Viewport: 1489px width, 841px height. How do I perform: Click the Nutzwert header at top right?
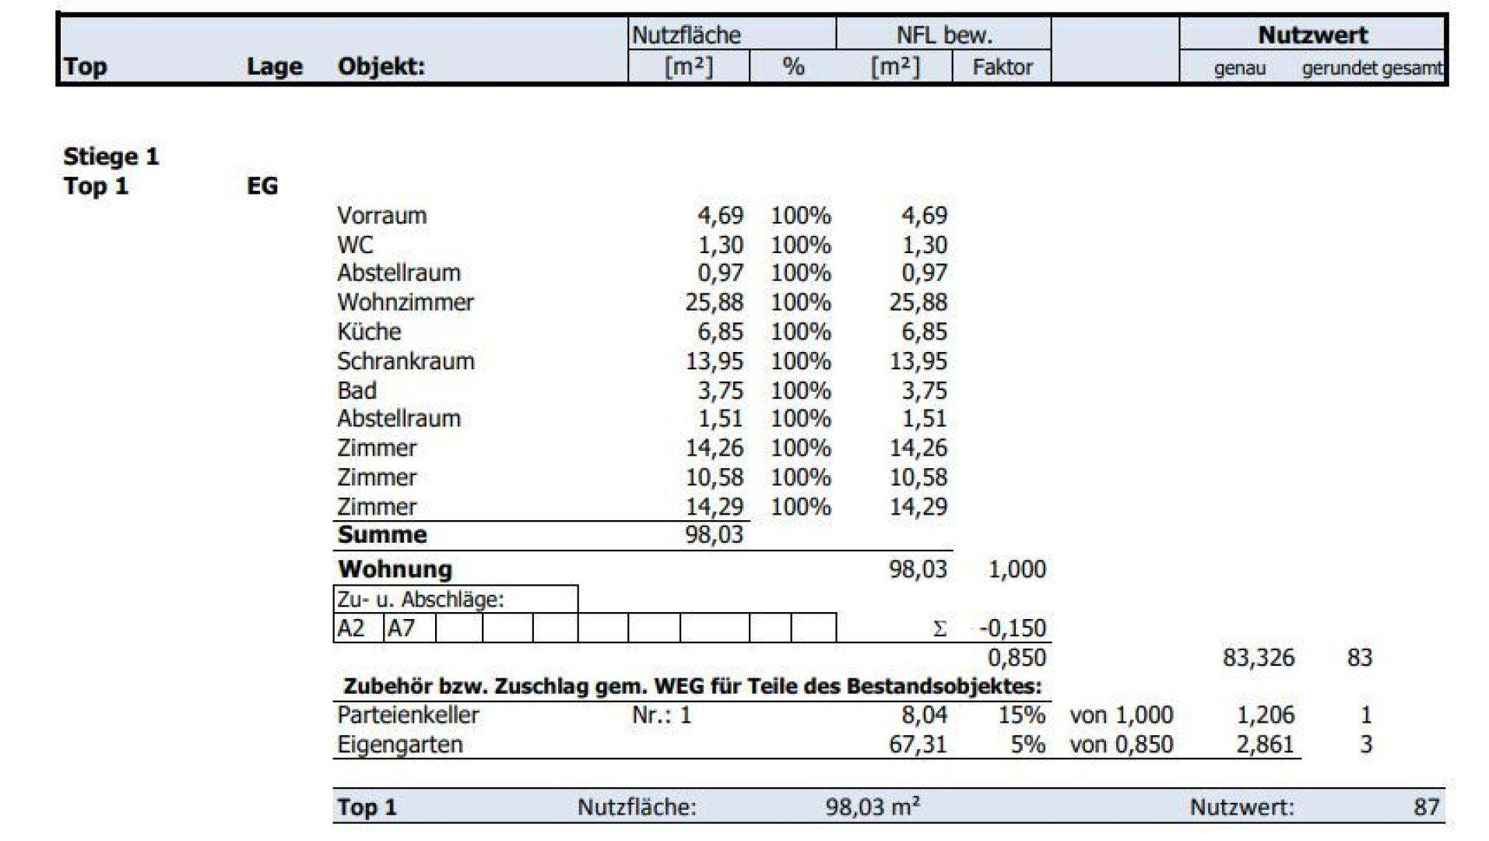(x=1312, y=35)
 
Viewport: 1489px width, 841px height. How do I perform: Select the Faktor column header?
(x=1002, y=67)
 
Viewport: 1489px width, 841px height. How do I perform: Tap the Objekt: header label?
(x=381, y=67)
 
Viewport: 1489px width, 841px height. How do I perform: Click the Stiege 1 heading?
(x=111, y=157)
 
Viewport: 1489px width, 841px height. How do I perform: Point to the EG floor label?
(x=262, y=186)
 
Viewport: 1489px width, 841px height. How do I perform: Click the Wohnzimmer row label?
(x=405, y=302)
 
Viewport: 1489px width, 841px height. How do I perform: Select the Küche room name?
(x=369, y=332)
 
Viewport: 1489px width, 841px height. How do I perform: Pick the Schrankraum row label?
(x=406, y=361)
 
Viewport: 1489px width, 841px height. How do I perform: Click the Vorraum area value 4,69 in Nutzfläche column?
(x=720, y=216)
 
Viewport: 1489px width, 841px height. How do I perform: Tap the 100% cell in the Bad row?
(x=800, y=391)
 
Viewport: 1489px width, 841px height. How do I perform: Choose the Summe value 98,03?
(x=714, y=535)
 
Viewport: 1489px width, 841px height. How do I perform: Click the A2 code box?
(x=351, y=628)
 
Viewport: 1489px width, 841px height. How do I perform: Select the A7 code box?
(x=402, y=628)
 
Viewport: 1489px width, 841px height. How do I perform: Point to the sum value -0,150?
(x=1012, y=628)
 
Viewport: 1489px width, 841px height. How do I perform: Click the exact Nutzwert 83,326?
(x=1258, y=657)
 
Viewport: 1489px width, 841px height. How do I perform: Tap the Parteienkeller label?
(x=408, y=715)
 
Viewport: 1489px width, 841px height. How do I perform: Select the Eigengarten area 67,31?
(x=918, y=744)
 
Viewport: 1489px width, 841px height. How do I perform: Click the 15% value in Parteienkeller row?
(x=1021, y=715)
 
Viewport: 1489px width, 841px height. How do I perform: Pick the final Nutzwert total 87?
(x=1426, y=807)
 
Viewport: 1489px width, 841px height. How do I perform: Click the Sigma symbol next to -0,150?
(x=939, y=628)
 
